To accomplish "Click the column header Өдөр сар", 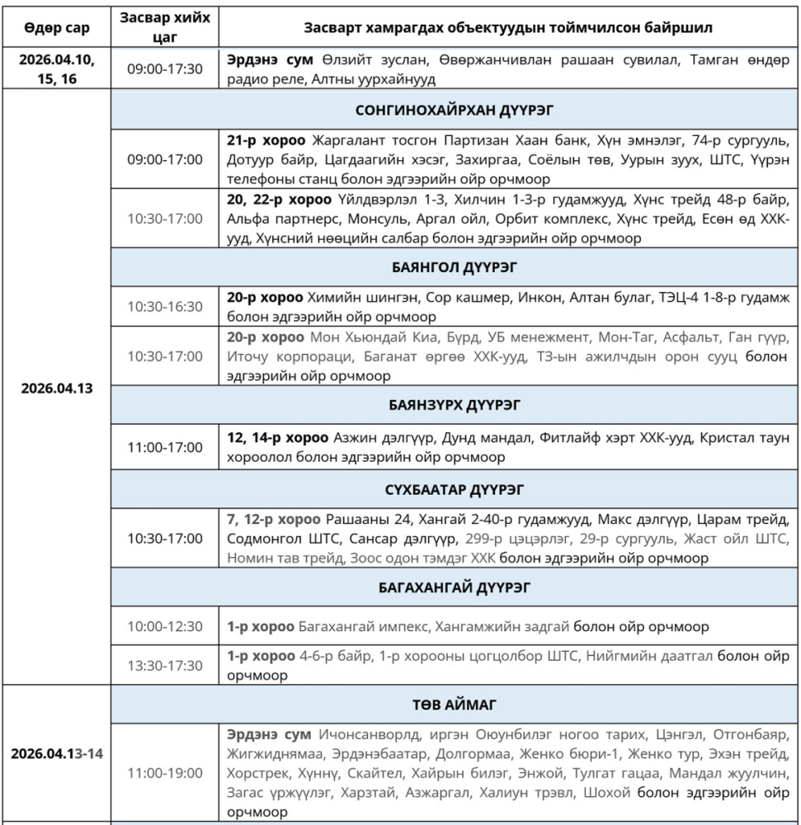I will click(56, 27).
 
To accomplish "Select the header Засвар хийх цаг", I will click(164, 27).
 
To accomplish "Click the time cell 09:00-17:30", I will click(164, 69).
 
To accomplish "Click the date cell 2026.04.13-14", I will click(56, 754).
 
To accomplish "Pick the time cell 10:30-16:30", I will click(164, 307).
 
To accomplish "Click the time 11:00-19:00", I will click(164, 773).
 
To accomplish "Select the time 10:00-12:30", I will click(164, 627).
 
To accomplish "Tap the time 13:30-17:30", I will click(164, 666).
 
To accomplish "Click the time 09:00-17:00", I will click(164, 158).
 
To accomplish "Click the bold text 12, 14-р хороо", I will click(277, 437).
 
